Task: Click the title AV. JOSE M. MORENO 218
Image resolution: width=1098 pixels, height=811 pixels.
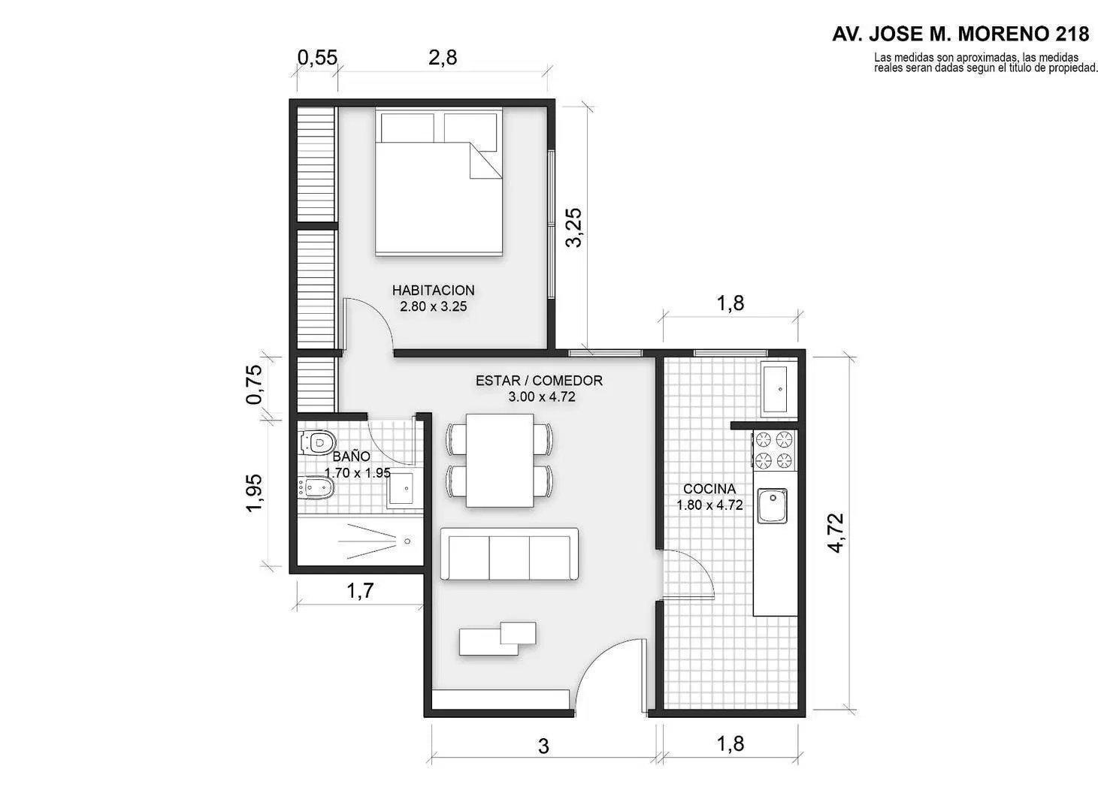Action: click(960, 34)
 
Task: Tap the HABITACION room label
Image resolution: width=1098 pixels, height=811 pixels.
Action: click(433, 290)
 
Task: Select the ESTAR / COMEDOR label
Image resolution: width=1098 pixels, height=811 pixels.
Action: click(539, 381)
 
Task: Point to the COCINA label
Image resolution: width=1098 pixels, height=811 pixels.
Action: click(709, 489)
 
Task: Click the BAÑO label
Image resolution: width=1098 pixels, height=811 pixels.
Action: click(351, 457)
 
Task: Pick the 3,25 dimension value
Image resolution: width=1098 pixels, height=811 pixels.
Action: click(574, 227)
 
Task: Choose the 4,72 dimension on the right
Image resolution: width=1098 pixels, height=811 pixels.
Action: click(836, 533)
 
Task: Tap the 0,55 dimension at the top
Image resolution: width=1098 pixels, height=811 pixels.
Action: click(317, 58)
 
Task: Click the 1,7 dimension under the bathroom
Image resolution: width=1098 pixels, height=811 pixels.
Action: click(360, 590)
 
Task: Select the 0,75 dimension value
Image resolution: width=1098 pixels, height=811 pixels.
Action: click(255, 384)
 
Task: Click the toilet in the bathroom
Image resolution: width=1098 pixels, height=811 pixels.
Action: click(317, 442)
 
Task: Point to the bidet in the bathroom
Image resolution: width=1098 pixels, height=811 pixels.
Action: click(315, 488)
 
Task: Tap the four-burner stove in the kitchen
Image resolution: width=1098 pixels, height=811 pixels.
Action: click(774, 450)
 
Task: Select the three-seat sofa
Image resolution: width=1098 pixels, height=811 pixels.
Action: click(510, 553)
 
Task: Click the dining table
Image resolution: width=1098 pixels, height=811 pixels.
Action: click(500, 460)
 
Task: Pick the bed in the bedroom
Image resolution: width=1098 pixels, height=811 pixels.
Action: click(439, 182)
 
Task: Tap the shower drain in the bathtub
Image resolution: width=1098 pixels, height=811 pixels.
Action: click(407, 541)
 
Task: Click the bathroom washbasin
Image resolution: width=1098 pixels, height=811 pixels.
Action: click(405, 489)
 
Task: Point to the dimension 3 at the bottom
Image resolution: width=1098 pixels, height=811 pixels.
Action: click(543, 746)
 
